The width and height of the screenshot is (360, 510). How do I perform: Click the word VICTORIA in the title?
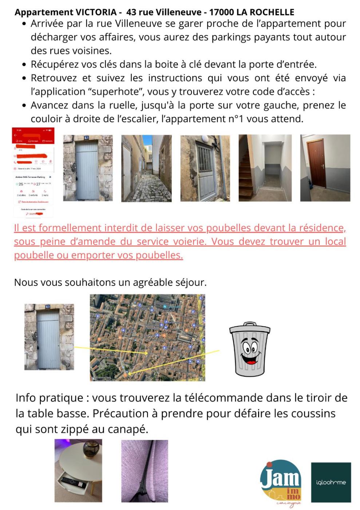click(96, 12)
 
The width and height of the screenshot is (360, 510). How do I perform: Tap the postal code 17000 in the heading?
click(221, 12)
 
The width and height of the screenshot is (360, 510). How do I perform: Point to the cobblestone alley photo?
click(146, 168)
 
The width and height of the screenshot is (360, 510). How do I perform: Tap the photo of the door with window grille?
click(205, 168)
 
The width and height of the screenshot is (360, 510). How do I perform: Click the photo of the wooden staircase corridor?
click(265, 168)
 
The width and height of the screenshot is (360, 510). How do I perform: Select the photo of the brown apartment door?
click(325, 168)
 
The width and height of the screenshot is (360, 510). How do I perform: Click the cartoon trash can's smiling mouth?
click(250, 360)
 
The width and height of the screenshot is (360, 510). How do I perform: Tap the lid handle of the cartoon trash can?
click(249, 324)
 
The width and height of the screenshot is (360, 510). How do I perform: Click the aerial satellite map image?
click(147, 337)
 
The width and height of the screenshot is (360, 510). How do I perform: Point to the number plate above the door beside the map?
click(48, 307)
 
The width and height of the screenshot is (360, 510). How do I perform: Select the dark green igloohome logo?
click(331, 482)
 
